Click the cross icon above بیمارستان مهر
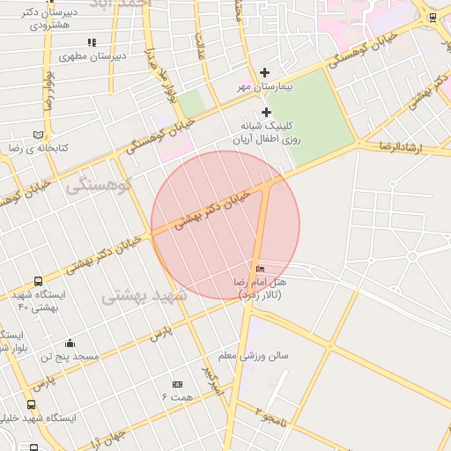(265, 72)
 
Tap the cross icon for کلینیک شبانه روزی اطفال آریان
(266, 112)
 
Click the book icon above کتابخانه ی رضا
(38, 135)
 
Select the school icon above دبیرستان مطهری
(92, 42)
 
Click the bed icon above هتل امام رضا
(259, 268)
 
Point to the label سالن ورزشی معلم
(254, 356)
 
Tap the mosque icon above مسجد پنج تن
(70, 343)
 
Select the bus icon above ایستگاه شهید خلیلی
(32, 405)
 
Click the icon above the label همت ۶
(177, 384)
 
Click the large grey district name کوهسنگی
(99, 185)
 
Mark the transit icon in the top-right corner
(433, 17)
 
